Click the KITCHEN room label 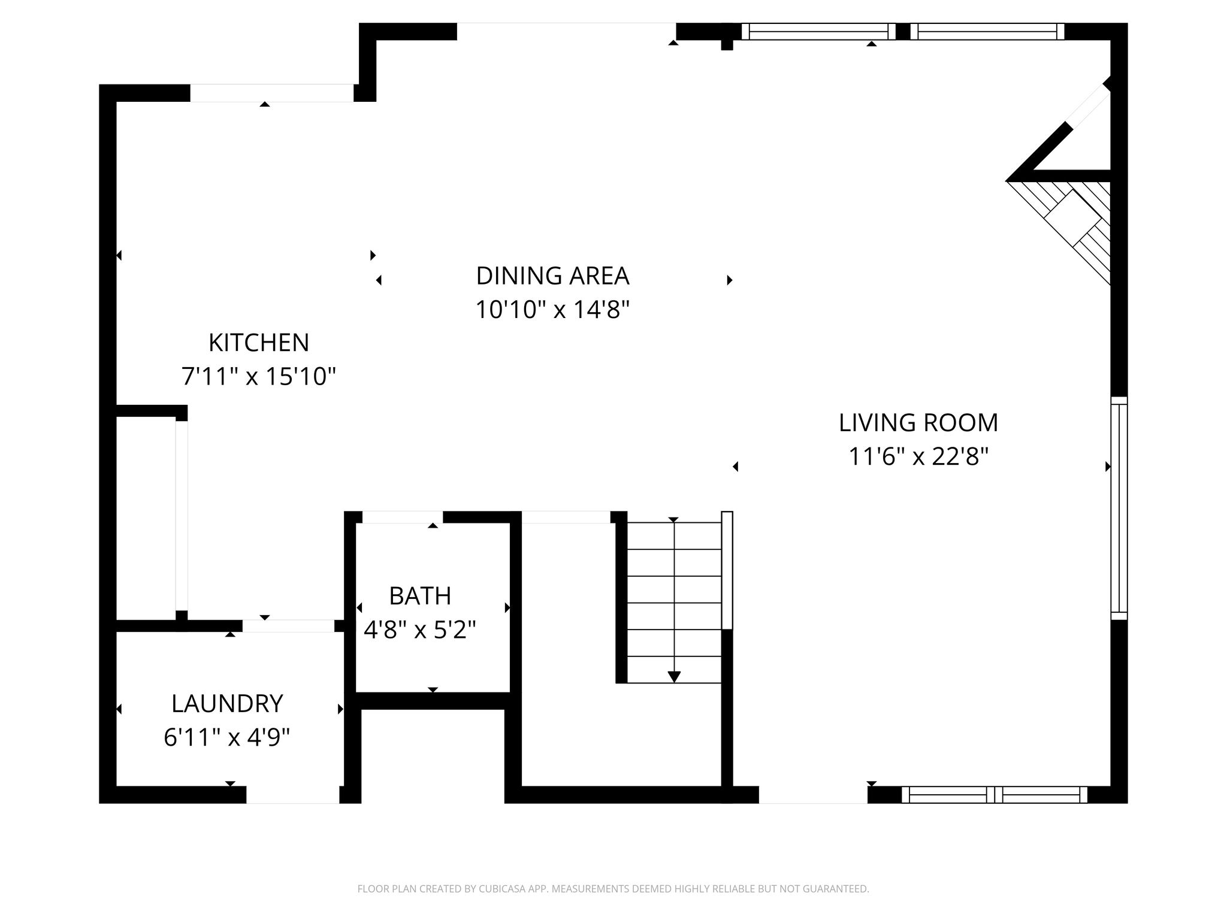(x=259, y=343)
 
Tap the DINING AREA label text (x=552, y=276)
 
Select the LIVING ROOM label (x=918, y=422)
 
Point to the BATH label (x=420, y=596)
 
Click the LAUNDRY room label (x=227, y=704)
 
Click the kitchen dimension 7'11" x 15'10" (x=259, y=377)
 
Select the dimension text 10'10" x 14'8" (x=552, y=310)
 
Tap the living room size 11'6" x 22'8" (x=918, y=457)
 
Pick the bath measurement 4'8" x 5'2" (x=420, y=630)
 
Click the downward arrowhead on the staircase (x=674, y=677)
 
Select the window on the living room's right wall (x=1119, y=508)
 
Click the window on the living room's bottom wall (x=995, y=795)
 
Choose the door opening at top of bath (x=403, y=517)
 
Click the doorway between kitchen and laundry (x=288, y=626)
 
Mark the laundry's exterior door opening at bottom (x=293, y=795)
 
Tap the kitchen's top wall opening (x=272, y=93)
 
